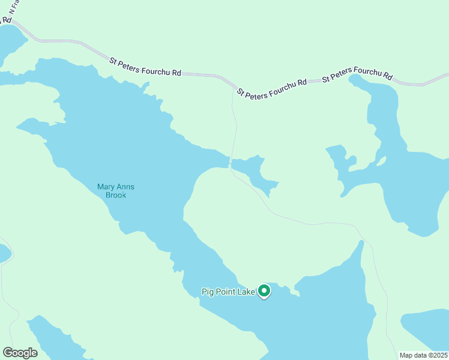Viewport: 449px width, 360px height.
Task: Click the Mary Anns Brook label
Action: coord(116,191)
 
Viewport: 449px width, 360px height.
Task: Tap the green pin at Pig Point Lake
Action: coord(265,291)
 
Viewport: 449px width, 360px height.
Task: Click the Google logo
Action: coord(20,353)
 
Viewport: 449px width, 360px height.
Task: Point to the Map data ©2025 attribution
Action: coord(424,355)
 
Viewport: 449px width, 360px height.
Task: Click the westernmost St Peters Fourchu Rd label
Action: coord(145,66)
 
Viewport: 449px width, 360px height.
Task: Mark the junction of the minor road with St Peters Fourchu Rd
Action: coord(234,87)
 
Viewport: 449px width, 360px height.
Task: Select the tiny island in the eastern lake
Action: coord(380,161)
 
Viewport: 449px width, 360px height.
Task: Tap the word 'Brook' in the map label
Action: coord(116,195)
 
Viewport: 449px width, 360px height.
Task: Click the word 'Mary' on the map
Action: coord(106,187)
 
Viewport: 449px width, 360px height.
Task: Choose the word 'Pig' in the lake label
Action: coord(207,292)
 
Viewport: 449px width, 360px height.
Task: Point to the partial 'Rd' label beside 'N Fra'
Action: coord(7,20)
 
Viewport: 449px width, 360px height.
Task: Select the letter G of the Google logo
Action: coord(8,353)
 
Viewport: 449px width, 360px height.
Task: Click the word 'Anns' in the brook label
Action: coord(125,187)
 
